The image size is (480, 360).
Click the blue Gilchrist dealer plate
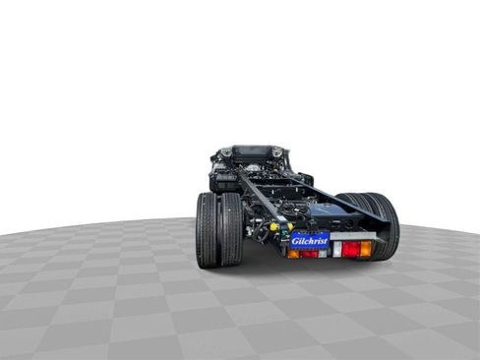click(309, 239)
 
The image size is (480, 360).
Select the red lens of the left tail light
click(309, 254)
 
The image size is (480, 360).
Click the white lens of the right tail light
click(336, 249)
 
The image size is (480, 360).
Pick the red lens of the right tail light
click(350, 249)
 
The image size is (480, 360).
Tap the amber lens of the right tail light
click(366, 249)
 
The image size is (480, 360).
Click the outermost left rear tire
click(207, 230)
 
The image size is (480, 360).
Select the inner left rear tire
click(231, 228)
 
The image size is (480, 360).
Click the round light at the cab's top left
click(226, 152)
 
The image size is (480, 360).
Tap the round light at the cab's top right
click(277, 152)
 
